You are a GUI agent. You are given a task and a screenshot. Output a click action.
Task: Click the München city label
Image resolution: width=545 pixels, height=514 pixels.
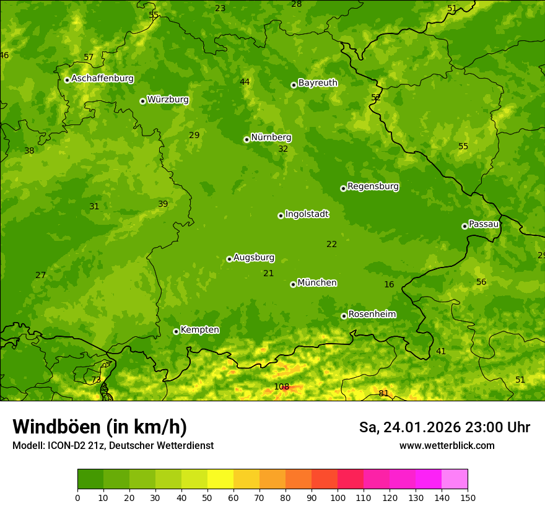click(316, 283)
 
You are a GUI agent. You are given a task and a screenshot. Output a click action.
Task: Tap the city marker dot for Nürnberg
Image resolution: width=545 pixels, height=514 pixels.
click(246, 139)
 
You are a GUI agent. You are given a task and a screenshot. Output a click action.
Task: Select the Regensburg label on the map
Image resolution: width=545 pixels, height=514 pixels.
click(373, 186)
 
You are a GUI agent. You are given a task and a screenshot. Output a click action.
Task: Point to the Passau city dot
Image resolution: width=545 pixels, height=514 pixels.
click(464, 226)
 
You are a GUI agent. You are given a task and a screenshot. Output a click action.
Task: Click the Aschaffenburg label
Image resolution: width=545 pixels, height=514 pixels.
click(102, 79)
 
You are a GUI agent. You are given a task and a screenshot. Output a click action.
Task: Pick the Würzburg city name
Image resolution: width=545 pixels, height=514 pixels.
click(168, 100)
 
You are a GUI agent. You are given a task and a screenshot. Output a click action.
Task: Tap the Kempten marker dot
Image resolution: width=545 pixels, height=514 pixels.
click(176, 331)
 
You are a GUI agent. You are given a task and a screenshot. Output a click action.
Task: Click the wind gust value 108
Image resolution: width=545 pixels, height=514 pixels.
click(281, 387)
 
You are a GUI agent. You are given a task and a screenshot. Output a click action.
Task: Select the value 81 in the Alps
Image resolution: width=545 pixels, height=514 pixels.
click(383, 393)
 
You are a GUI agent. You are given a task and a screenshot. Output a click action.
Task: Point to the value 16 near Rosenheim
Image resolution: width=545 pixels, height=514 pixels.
click(389, 285)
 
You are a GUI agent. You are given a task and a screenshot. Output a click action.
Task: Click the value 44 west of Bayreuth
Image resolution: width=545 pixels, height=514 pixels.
click(245, 82)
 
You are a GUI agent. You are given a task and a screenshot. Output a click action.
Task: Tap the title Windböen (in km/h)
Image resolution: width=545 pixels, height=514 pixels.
click(100, 427)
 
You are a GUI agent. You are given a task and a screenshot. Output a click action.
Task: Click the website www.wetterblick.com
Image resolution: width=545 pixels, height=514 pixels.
click(447, 446)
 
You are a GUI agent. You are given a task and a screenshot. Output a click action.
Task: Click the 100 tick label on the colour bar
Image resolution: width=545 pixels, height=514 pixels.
click(338, 497)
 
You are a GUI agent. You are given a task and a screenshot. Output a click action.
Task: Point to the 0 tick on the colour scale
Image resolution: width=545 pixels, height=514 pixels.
click(77, 497)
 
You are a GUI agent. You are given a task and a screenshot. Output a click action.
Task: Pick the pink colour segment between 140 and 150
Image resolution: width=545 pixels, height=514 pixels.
click(455, 479)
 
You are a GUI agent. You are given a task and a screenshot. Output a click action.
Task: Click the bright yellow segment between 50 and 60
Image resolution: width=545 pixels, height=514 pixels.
click(220, 479)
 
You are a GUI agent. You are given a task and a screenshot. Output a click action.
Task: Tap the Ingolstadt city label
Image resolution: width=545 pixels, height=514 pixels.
click(307, 214)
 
